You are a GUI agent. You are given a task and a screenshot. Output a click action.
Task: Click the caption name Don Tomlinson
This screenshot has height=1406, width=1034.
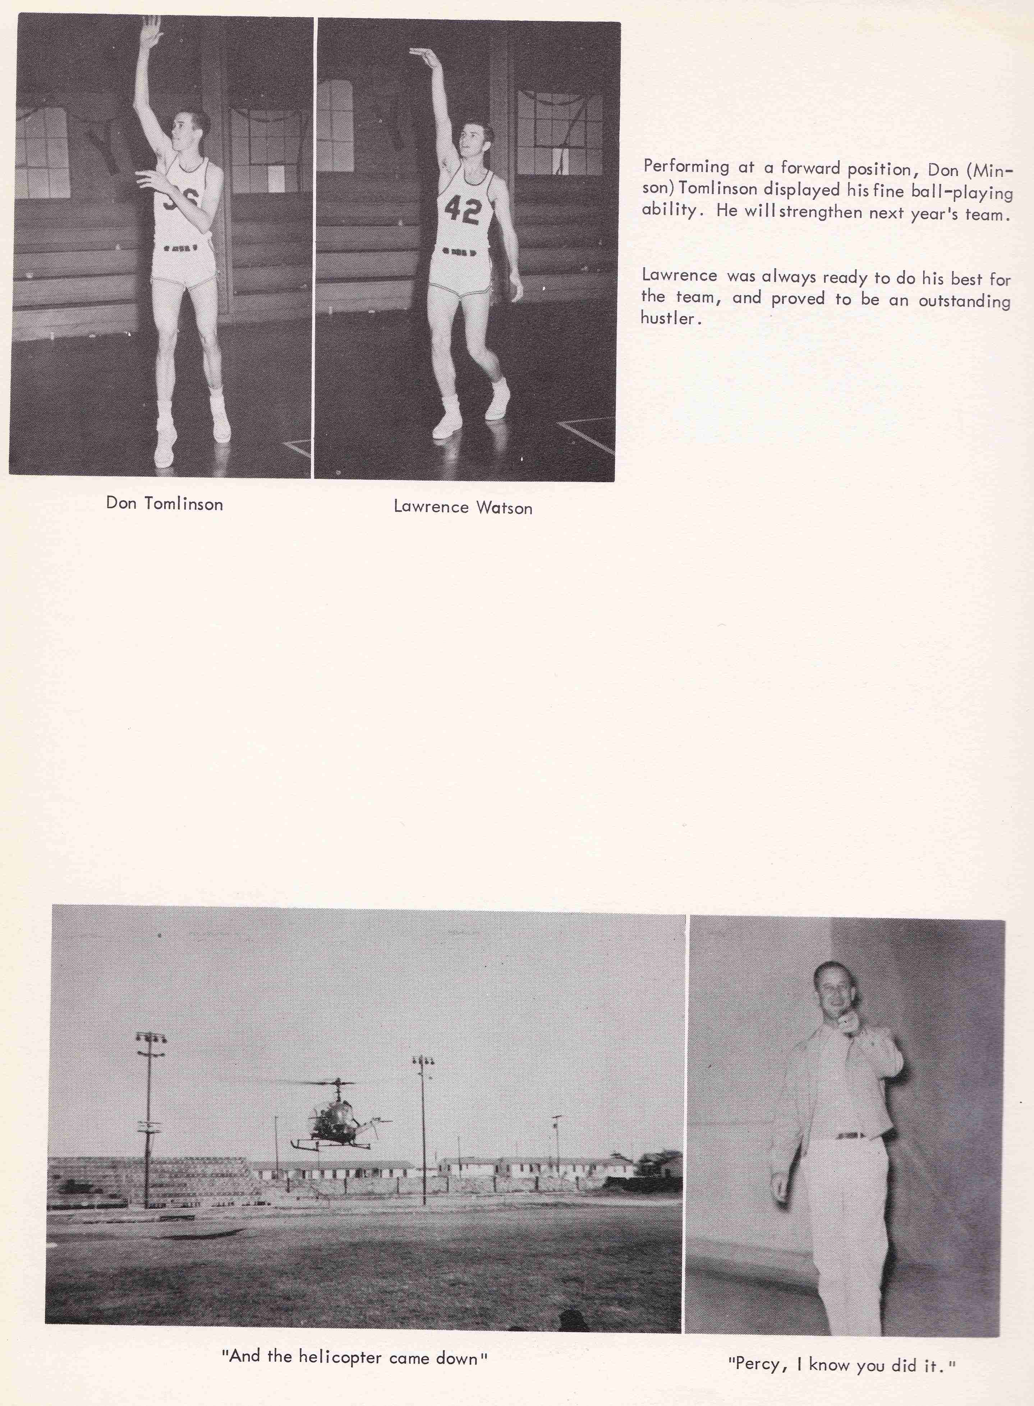pyautogui.click(x=165, y=504)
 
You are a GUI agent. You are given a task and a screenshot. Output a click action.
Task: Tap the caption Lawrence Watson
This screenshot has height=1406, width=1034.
pyautogui.click(x=463, y=507)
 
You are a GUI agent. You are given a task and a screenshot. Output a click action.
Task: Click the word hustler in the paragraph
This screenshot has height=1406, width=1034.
pyautogui.click(x=668, y=318)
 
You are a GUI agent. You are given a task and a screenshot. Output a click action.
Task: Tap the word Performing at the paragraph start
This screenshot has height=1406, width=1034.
pyautogui.click(x=686, y=166)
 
